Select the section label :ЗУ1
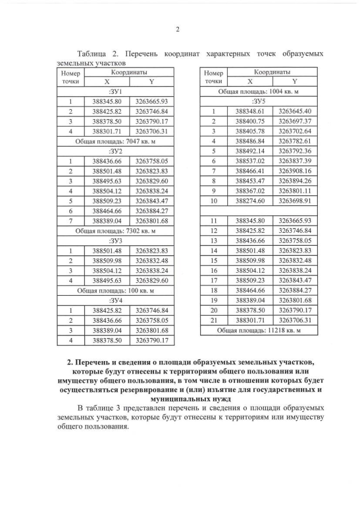click(x=115, y=91)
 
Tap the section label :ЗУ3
click(x=115, y=240)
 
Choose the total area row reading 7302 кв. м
click(x=115, y=229)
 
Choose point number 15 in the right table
click(x=214, y=261)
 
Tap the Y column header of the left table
click(x=151, y=82)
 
